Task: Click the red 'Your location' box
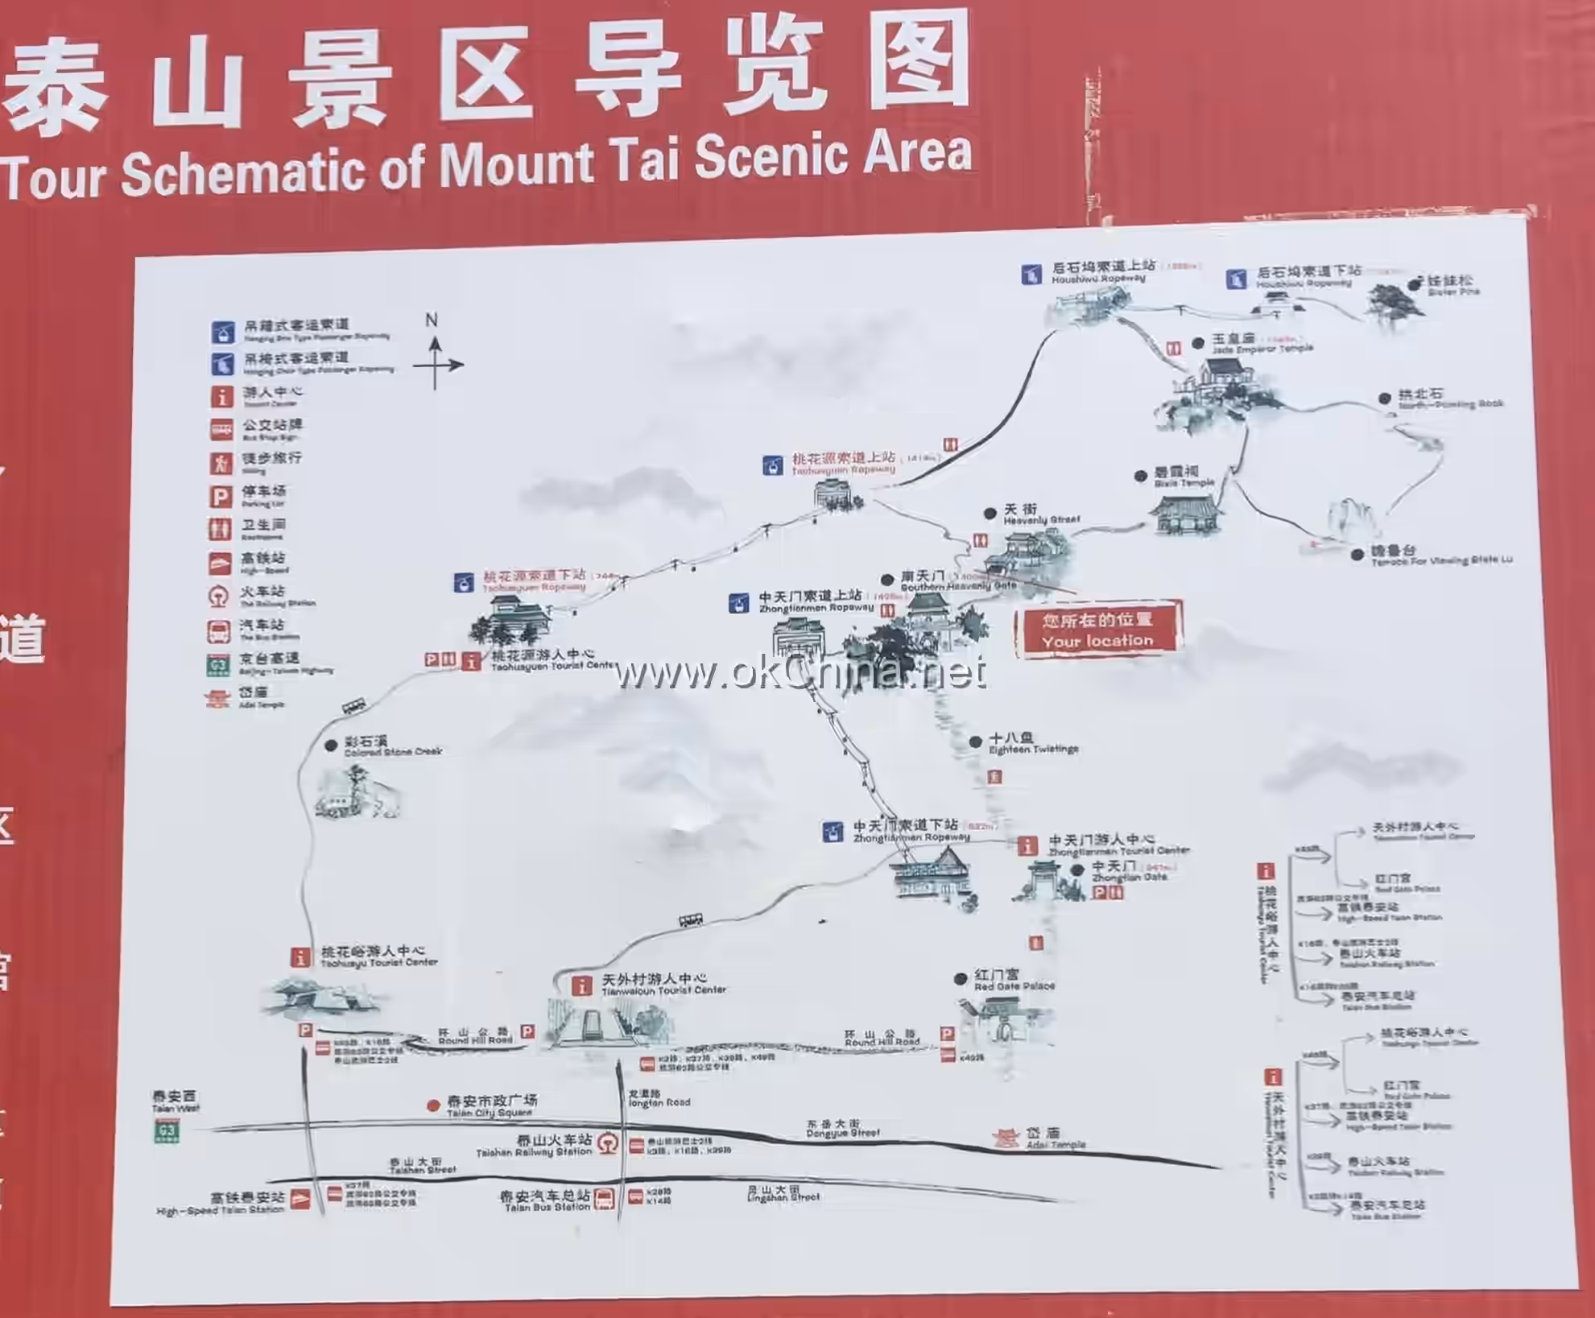[1098, 630]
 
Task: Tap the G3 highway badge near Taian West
[167, 1132]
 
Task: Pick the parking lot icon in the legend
[221, 497]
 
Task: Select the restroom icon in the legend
[221, 530]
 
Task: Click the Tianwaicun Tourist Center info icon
[581, 986]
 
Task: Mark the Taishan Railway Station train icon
[608, 1144]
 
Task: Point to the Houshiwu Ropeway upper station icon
[1031, 275]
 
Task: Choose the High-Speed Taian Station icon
[300, 1199]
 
